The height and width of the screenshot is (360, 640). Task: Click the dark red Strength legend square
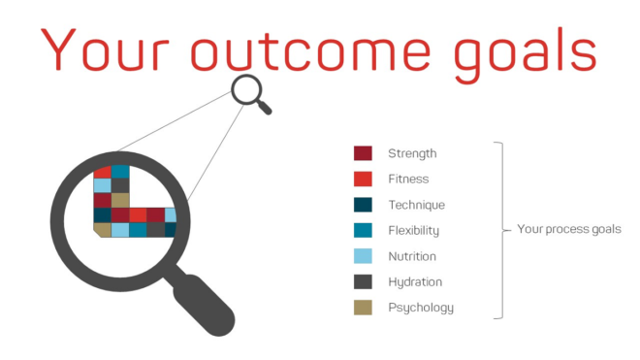point(363,153)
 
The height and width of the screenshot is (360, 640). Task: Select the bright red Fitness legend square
point(363,179)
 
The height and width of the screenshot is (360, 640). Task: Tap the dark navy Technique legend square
point(363,205)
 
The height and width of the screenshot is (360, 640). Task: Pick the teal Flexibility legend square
point(363,230)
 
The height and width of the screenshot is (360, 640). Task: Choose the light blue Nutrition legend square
point(363,256)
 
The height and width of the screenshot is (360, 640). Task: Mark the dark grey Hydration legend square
point(363,281)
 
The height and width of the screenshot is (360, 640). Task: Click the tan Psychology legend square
point(363,308)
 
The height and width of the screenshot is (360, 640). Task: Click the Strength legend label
point(412,153)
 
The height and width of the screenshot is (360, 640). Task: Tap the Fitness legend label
point(408,179)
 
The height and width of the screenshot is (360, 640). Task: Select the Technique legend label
point(416,205)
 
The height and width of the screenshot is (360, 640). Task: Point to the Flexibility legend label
point(414,231)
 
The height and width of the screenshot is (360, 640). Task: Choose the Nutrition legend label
point(412,256)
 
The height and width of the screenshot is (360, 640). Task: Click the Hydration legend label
point(415,282)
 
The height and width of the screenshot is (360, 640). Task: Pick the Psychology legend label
point(420,309)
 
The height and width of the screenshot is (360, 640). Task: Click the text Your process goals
point(568,230)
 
